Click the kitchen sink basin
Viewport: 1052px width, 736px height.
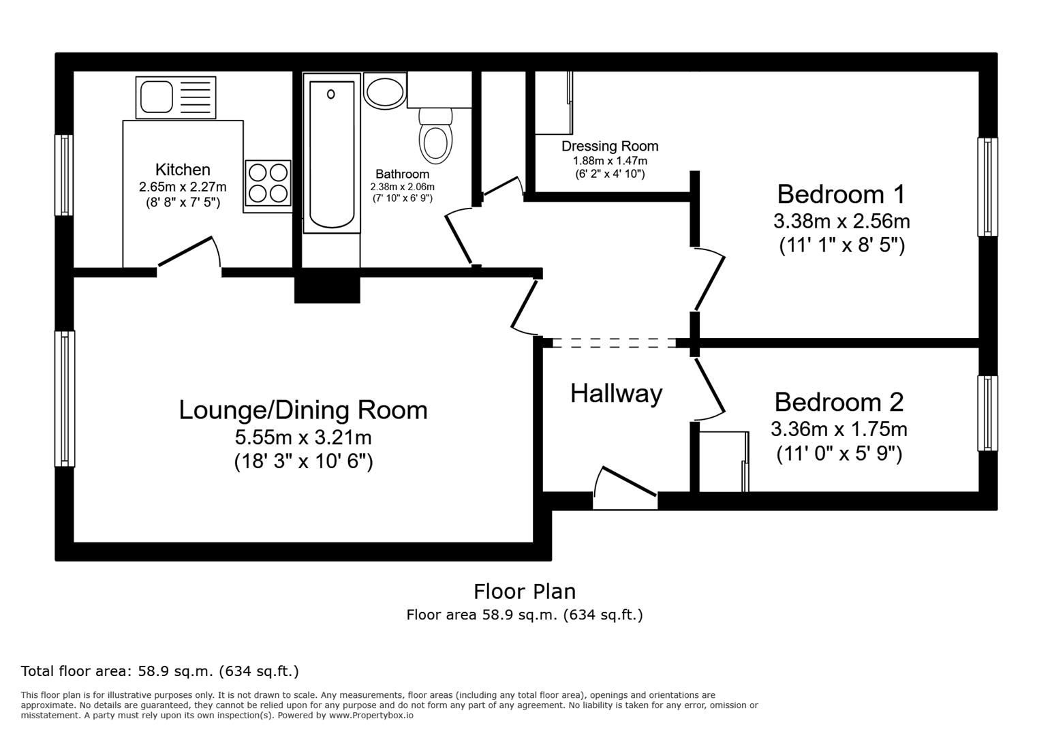coord(156,96)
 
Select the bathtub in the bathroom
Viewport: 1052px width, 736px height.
coord(332,155)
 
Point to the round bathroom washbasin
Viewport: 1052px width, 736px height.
coord(384,91)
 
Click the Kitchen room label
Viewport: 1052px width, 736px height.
coord(183,170)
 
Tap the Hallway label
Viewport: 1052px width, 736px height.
coord(616,393)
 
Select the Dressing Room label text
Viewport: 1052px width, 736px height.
coord(610,146)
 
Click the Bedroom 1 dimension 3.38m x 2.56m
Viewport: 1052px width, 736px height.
coord(841,221)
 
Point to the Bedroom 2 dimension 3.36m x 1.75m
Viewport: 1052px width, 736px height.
coord(839,429)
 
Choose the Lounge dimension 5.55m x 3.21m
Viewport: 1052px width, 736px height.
coord(303,437)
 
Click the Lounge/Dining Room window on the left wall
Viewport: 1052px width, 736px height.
coord(65,399)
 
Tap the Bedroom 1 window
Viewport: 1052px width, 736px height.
coord(987,187)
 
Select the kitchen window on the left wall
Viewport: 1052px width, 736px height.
coord(65,175)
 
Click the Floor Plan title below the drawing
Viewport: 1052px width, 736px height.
coord(525,591)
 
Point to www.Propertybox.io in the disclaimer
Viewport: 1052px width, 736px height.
coord(371,716)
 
